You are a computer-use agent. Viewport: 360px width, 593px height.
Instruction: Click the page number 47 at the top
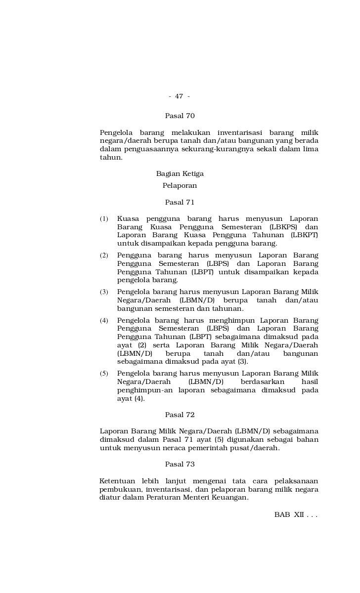coord(179,96)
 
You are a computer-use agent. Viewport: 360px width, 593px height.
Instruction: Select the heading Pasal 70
coord(180,116)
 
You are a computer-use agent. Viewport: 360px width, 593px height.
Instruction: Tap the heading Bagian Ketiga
coord(180,174)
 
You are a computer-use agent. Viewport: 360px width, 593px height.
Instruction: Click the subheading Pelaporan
coord(180,186)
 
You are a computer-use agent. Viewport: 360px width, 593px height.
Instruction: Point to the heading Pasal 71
coord(180,202)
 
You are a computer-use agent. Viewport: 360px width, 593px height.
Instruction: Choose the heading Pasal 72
coord(180,415)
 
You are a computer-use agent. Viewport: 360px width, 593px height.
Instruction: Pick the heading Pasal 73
coord(180,464)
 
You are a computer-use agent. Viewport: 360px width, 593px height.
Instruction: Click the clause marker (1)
coord(104,219)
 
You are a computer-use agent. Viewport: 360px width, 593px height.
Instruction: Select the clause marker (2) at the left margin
coord(104,255)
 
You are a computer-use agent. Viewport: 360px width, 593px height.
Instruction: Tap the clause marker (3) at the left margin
coord(104,292)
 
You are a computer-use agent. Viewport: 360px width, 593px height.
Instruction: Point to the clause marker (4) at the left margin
coord(104,321)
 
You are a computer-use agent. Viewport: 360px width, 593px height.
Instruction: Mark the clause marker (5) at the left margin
coord(104,374)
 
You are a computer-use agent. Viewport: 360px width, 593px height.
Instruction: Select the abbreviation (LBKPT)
coord(304,235)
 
